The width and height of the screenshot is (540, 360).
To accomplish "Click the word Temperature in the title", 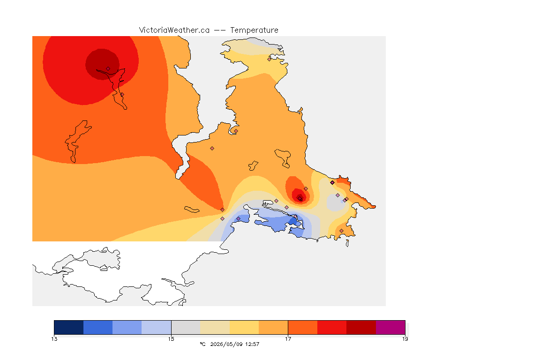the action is point(254,30).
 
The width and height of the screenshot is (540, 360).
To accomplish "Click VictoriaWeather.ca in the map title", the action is point(174,30).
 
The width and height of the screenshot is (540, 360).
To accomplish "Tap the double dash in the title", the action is point(220,30).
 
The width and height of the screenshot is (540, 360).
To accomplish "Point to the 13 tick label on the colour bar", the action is point(54,339).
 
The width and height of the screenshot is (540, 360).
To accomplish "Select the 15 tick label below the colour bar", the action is point(171,339).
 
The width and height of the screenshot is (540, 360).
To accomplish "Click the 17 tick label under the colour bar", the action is point(288,339).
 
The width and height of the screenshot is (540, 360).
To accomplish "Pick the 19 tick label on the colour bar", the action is point(405,339).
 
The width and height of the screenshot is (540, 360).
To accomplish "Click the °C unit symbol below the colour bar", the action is point(203,344).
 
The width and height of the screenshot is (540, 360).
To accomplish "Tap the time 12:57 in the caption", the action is point(252,344).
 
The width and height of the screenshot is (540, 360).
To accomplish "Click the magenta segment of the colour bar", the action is point(390,327).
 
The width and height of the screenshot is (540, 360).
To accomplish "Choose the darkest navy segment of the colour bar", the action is point(69,327).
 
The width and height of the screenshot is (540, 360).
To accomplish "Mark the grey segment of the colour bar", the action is point(186,327).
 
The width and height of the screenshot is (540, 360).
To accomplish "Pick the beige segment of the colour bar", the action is point(215,327).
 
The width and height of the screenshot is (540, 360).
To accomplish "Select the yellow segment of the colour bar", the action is point(244,327).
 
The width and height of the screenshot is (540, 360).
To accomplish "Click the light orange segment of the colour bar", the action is point(273,327).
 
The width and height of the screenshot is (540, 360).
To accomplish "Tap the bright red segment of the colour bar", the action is point(332,327).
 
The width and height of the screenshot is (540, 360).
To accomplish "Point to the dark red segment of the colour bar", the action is point(361,327).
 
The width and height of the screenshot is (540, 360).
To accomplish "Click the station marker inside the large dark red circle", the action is point(108,69).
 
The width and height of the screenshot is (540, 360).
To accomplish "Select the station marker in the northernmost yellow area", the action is point(270,59).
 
